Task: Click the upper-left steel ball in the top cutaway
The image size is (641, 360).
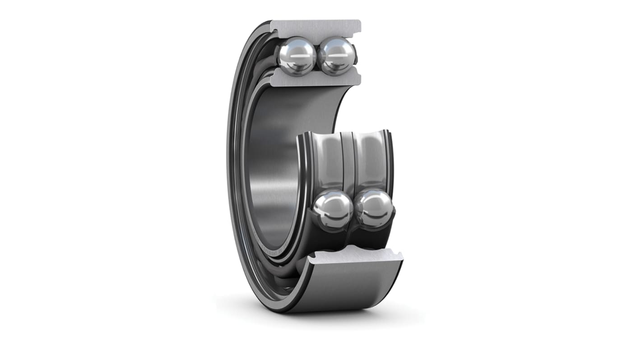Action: (x=296, y=56)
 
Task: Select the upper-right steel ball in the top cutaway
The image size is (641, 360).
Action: (x=336, y=55)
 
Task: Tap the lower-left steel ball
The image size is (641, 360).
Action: (x=333, y=210)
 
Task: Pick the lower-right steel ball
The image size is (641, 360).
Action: (x=374, y=208)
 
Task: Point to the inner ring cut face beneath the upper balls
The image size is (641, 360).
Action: (x=316, y=80)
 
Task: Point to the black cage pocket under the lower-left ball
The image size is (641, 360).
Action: (x=332, y=237)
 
